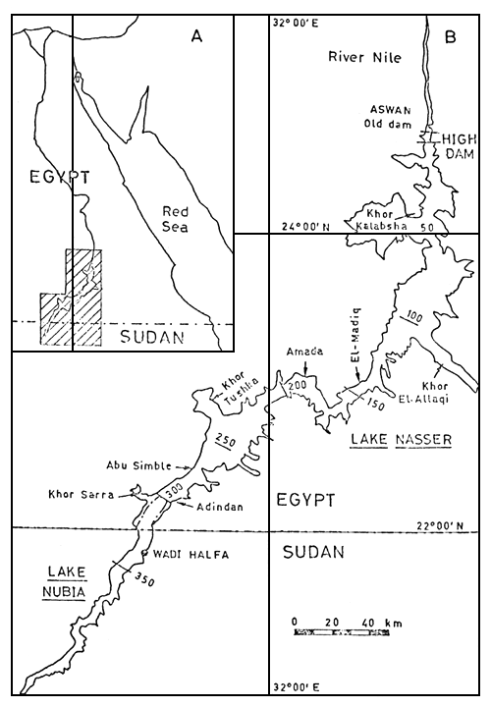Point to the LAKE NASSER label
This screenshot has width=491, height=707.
pyautogui.click(x=399, y=440)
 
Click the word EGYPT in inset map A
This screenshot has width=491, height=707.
pyautogui.click(x=46, y=178)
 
